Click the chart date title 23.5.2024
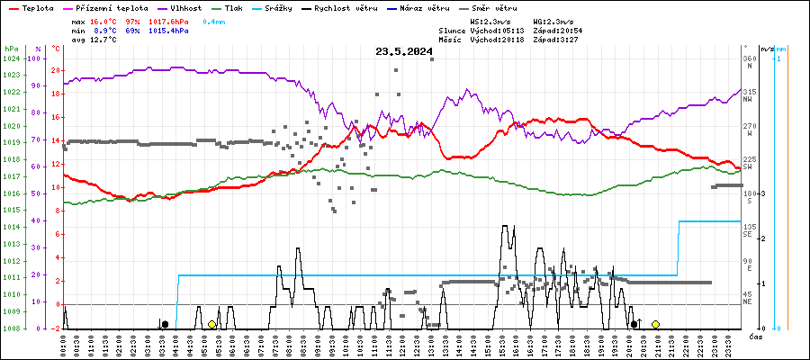click(404, 51)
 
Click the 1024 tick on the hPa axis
click(11, 58)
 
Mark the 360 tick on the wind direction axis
click(749, 58)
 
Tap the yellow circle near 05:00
click(211, 324)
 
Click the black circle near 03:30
click(165, 324)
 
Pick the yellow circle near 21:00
click(656, 324)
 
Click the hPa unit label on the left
click(11, 48)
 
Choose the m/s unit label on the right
click(766, 48)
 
